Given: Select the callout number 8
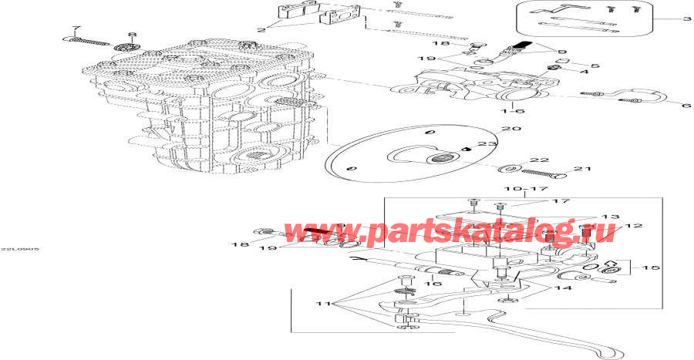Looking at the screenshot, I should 131,35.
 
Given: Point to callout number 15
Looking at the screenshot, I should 651,267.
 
